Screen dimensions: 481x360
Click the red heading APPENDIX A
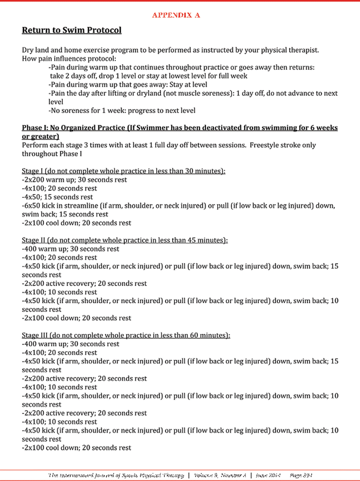(176, 15)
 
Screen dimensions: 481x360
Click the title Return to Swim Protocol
(71, 31)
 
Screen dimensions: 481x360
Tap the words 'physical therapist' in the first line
(288, 50)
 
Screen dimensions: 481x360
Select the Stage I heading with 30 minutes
(123, 171)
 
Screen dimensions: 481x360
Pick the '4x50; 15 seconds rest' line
(56, 197)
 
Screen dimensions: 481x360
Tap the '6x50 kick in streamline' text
(61, 205)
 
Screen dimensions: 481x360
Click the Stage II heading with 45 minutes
(125, 240)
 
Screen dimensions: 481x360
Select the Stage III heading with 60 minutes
(126, 335)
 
